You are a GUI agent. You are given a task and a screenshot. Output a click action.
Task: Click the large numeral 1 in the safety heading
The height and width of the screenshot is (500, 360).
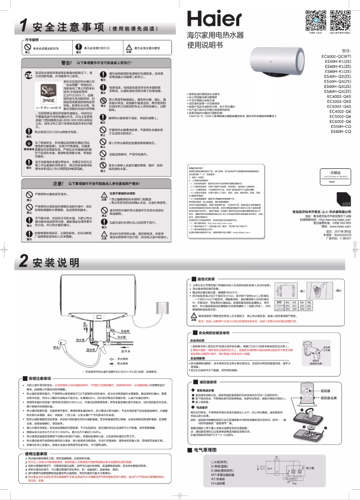point(25,25)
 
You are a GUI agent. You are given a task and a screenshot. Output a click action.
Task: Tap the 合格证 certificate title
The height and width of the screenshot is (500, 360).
point(336,172)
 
